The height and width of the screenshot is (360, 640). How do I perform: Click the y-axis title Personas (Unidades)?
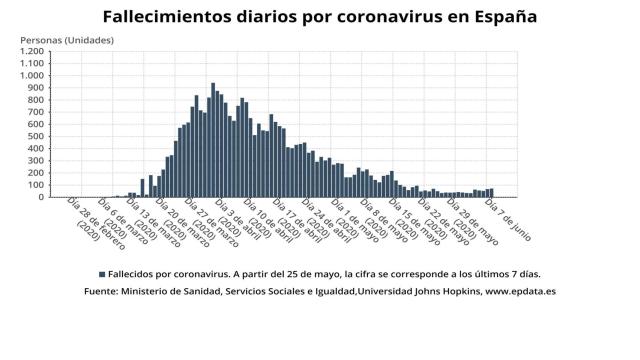click(x=67, y=39)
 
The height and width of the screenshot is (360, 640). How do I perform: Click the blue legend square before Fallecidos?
click(x=102, y=273)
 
